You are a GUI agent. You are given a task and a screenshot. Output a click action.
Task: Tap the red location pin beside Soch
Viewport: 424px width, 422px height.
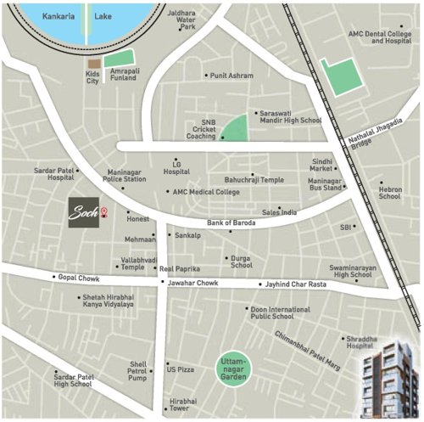pyautogui.click(x=104, y=211)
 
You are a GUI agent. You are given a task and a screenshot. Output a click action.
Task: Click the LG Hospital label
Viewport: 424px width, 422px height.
pyautogui.click(x=176, y=166)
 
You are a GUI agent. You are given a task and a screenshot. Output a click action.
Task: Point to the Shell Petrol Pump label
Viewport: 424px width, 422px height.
pyautogui.click(x=137, y=368)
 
